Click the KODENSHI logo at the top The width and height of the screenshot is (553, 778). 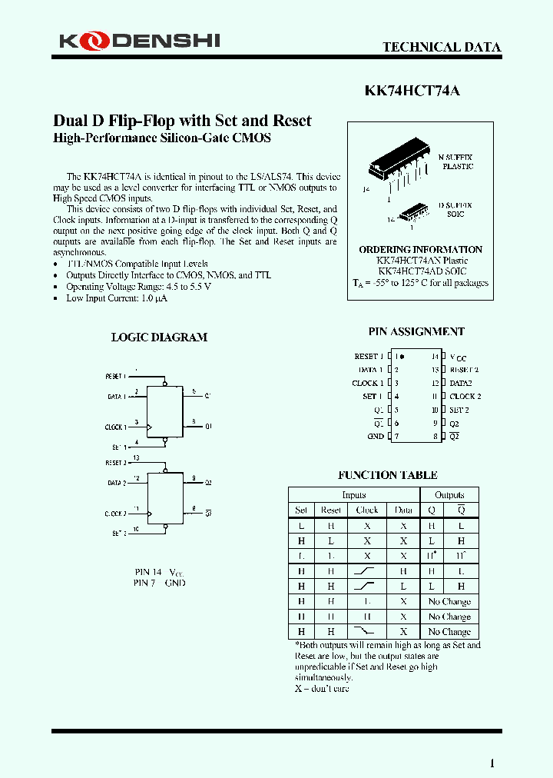pyautogui.click(x=139, y=40)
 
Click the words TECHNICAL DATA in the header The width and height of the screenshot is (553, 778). pyautogui.click(x=442, y=47)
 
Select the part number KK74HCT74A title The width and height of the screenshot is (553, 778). pyautogui.click(x=412, y=90)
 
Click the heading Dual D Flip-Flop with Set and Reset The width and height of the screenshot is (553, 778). pyautogui.click(x=182, y=121)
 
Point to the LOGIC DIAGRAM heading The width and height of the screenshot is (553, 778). pyautogui.click(x=159, y=337)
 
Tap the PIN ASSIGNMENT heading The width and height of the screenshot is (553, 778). pyautogui.click(x=416, y=331)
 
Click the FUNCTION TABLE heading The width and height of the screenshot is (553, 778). pyautogui.click(x=388, y=475)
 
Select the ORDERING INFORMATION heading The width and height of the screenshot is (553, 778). pyautogui.click(x=420, y=249)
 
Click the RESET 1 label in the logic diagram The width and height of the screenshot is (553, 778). pyautogui.click(x=114, y=376)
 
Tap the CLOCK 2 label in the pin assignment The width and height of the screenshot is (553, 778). pyautogui.click(x=465, y=396)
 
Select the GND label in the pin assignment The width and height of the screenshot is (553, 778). pyautogui.click(x=376, y=436)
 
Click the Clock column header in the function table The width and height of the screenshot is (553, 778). pyautogui.click(x=367, y=510)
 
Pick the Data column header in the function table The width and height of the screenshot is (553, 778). pyautogui.click(x=403, y=510)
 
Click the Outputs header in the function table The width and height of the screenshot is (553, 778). pyautogui.click(x=449, y=495)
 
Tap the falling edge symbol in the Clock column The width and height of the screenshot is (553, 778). pyautogui.click(x=367, y=630)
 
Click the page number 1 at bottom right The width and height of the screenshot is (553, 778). pyautogui.click(x=492, y=763)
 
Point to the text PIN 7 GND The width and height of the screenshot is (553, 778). pyautogui.click(x=159, y=583)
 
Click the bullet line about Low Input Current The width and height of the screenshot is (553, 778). pyautogui.click(x=117, y=298)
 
